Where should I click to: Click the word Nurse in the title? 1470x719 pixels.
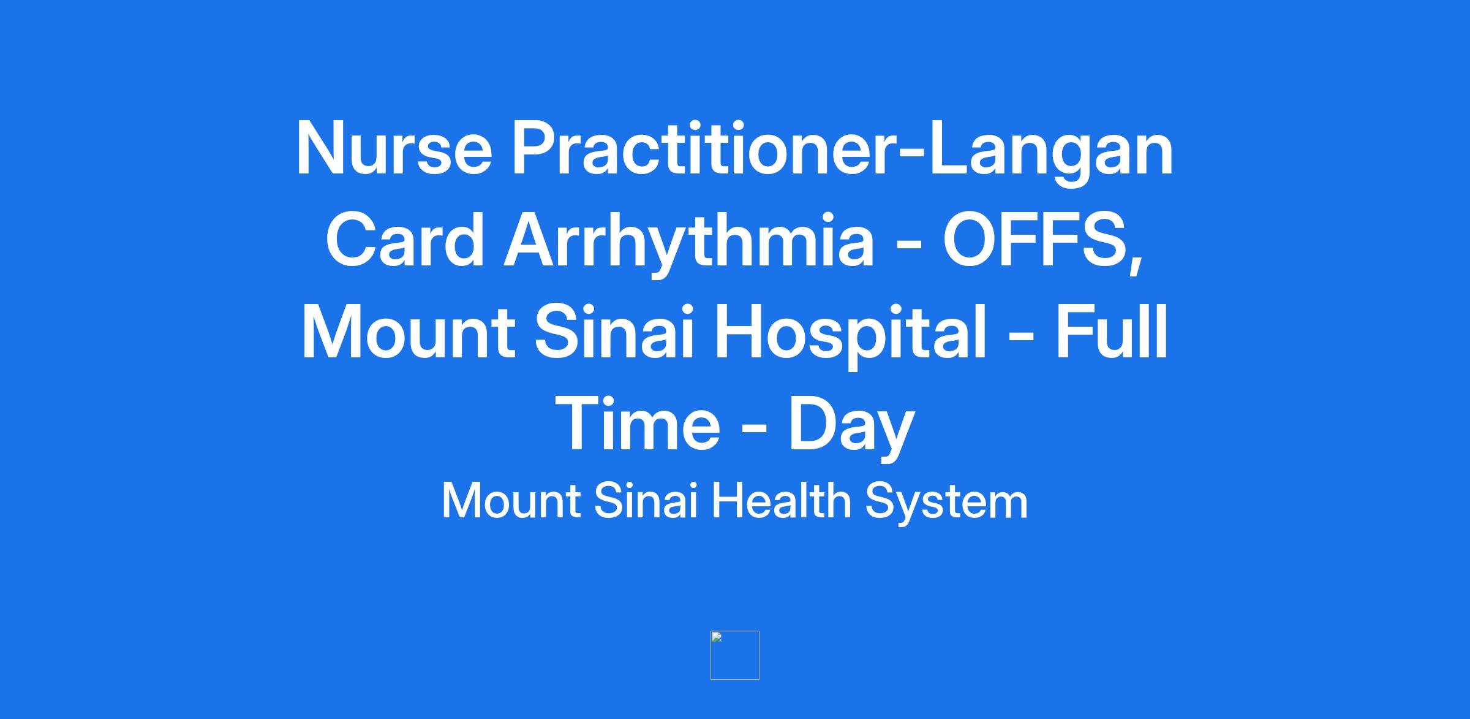tap(394, 148)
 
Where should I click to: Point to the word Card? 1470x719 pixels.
tap(405, 240)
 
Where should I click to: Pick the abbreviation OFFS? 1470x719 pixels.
tap(1035, 240)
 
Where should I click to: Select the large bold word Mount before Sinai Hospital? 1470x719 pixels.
tap(408, 332)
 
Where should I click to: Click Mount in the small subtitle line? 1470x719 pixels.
tap(511, 501)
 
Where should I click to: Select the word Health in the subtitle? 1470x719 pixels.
tap(781, 500)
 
